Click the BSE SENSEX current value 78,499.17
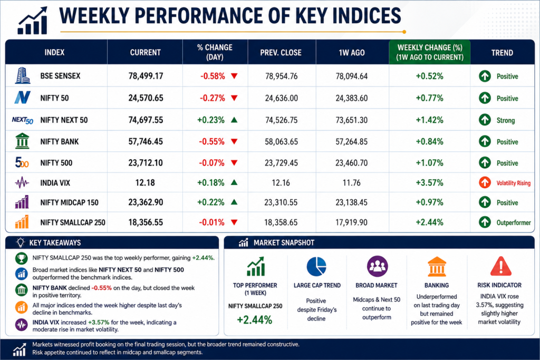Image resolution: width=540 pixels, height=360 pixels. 146,76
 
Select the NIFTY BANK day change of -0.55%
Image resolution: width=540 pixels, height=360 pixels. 212,141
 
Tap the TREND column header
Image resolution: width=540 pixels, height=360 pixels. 502,53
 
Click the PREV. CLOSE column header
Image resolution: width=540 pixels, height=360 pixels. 281,53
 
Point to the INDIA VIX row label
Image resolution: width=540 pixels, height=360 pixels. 55,183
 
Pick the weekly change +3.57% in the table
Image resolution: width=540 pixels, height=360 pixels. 429,182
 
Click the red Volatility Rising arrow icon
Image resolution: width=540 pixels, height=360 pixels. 485,182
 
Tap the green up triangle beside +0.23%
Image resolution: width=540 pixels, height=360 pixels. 234,120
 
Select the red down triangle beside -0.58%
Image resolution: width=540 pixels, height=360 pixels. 234,76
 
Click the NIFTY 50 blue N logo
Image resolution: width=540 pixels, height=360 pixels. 22,98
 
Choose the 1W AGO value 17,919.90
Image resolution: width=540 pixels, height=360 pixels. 352,222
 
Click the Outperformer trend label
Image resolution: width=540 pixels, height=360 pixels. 514,222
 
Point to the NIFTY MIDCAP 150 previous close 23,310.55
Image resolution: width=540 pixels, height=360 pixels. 281,202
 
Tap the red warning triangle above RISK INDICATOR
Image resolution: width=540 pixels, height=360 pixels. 501,267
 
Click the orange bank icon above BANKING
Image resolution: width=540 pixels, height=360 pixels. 437,267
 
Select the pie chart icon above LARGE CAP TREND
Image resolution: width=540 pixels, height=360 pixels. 316,267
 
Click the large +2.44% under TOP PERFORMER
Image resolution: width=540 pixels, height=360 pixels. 255,320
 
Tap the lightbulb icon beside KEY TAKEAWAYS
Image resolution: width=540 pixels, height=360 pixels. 21,242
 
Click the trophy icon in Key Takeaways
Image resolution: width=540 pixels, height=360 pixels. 21,258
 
